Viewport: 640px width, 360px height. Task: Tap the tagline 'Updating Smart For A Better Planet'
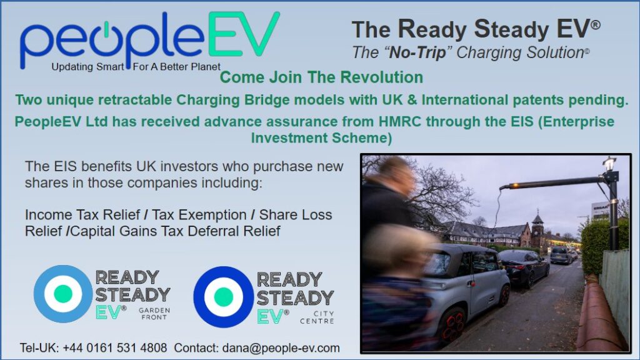coord(136,66)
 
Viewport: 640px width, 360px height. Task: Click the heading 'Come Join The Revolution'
coord(321,77)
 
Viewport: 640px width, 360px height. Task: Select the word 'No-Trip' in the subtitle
coord(417,52)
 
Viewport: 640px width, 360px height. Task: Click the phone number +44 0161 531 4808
coord(115,348)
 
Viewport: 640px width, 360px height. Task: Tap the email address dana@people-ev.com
coord(281,348)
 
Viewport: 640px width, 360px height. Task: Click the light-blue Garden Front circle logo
coord(63,294)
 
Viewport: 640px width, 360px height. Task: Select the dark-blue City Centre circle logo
coord(223,297)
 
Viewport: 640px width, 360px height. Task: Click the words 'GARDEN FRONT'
coord(154,314)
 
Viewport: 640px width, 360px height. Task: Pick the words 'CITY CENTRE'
coord(317,317)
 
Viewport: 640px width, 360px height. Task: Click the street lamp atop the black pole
coord(609,163)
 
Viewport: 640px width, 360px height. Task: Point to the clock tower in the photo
coord(537,229)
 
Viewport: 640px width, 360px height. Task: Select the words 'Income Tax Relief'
coord(82,215)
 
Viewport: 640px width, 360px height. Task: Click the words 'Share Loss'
coord(296,215)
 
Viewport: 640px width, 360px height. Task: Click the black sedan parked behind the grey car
coord(524,267)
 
